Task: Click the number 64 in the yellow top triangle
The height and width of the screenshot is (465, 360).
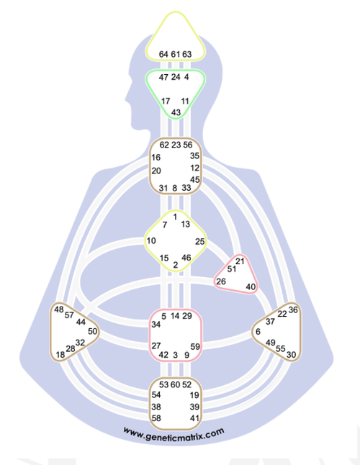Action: tap(163, 54)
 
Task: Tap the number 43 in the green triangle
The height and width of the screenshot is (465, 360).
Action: tap(176, 112)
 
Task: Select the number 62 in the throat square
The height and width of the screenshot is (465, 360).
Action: tap(164, 145)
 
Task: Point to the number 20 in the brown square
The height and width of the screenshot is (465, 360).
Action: tap(156, 171)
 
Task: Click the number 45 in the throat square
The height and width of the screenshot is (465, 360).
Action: tap(195, 180)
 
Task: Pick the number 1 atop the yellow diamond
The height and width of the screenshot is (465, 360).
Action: tap(175, 217)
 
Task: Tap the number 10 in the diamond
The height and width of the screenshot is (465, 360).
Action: tap(151, 240)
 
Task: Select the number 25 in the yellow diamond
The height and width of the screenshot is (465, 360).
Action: tap(200, 242)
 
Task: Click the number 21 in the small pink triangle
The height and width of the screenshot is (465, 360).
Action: tap(240, 261)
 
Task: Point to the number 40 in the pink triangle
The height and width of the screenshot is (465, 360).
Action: tap(251, 286)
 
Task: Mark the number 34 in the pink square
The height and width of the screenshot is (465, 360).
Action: tap(156, 325)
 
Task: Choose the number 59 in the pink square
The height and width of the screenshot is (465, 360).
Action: tap(195, 346)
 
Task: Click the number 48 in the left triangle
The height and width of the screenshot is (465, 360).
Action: tap(59, 310)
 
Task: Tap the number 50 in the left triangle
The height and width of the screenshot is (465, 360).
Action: tap(93, 331)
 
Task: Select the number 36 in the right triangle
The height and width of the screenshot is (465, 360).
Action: tap(293, 310)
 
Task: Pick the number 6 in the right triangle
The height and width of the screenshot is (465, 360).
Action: tap(258, 332)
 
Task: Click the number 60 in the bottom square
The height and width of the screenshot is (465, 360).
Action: tap(175, 384)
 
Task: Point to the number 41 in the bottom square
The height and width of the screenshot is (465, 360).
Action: tap(194, 418)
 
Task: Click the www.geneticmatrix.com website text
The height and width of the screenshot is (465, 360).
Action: tap(174, 434)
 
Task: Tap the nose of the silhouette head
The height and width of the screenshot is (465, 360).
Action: tap(127, 97)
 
